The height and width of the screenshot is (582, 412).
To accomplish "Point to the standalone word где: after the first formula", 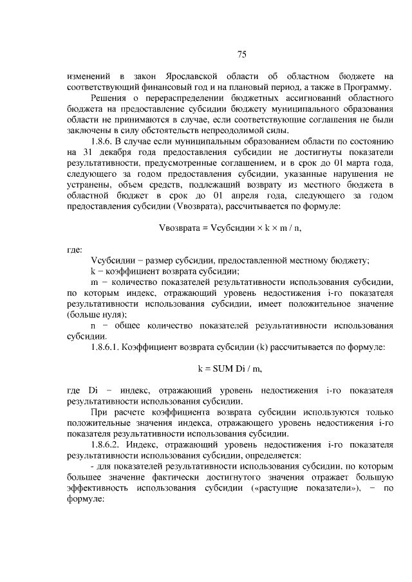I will click(x=75, y=250).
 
